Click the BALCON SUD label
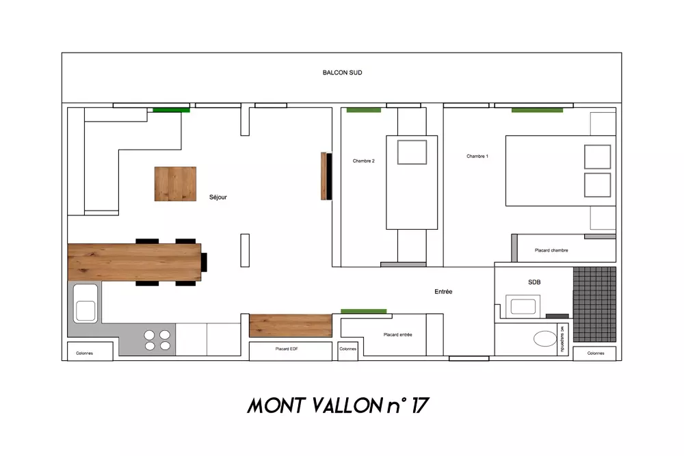(342, 72)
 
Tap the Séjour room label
(218, 197)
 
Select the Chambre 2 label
(363, 161)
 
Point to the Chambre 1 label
(477, 156)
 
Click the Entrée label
(443, 292)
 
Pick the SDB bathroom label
(534, 282)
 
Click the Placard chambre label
(551, 250)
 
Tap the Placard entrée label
(397, 335)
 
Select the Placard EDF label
(287, 349)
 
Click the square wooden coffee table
(175, 183)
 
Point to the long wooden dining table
(134, 262)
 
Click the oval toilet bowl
(545, 338)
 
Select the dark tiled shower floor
(594, 304)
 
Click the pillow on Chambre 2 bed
(412, 152)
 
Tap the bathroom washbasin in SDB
(523, 306)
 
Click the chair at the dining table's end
(204, 262)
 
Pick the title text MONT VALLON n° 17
(339, 405)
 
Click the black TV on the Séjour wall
(330, 176)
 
